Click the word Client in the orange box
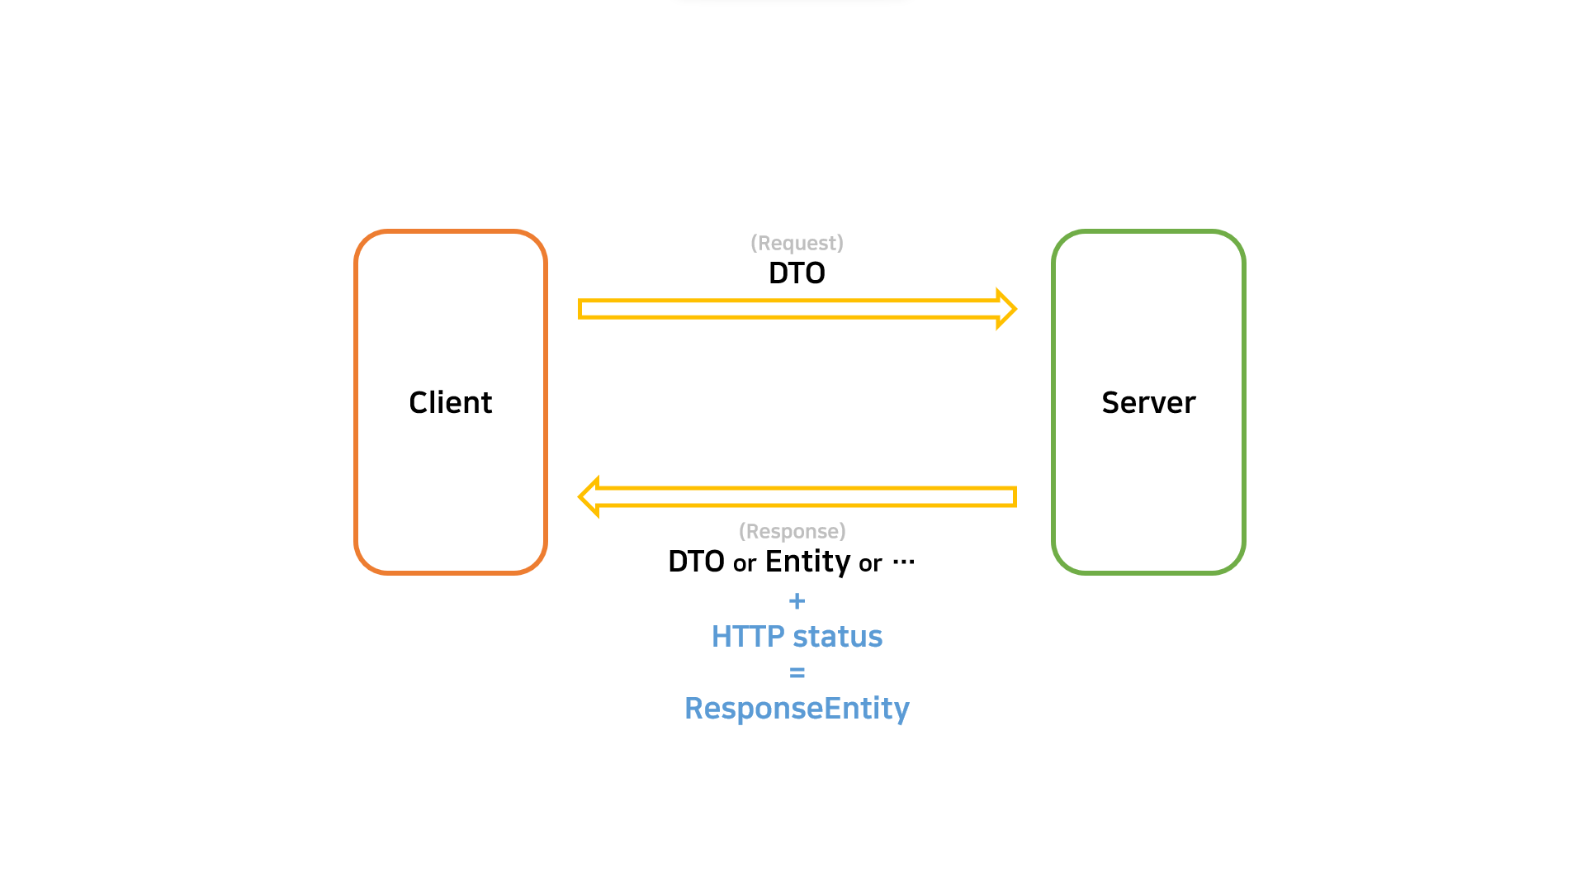pos(450,402)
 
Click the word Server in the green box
pos(1148,402)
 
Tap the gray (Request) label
pos(797,243)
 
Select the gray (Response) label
pos(792,531)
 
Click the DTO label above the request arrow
pos(797,273)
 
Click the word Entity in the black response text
pos(807,562)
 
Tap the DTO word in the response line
pos(696,562)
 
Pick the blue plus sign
pos(797,600)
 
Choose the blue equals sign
pos(797,673)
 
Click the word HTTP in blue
pos(747,637)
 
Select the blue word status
pos(837,637)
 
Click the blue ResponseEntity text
pos(797,709)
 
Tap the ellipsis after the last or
pos(904,562)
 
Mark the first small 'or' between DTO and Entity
pos(745,564)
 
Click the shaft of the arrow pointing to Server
pos(784,309)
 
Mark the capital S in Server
pos(1111,402)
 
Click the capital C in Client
pos(419,402)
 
